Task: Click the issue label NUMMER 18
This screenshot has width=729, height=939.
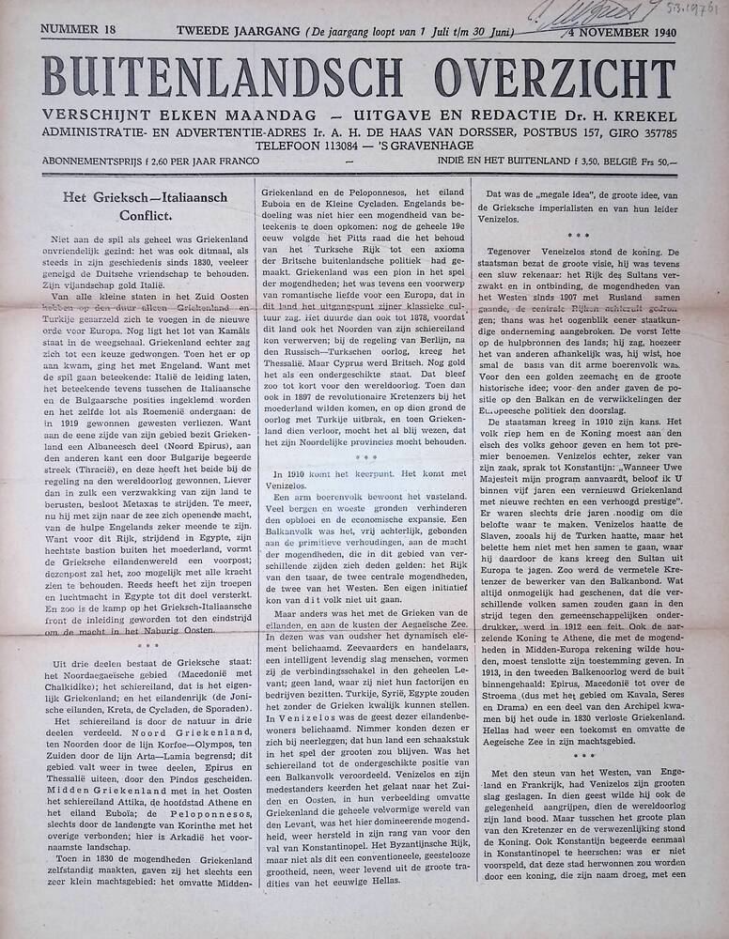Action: click(77, 31)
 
